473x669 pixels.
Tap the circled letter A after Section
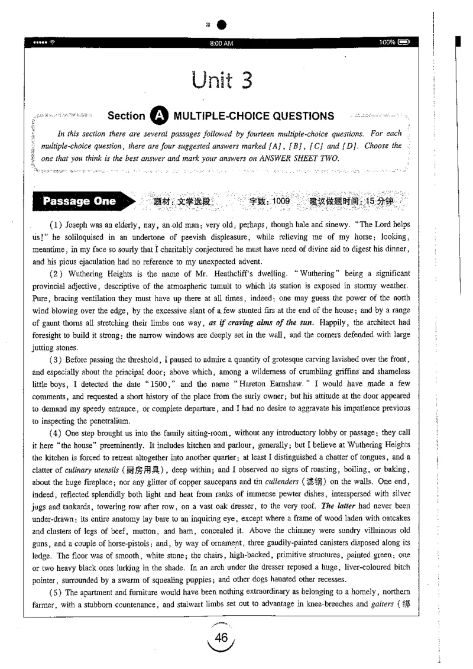[158, 117]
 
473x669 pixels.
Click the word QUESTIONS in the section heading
[298, 117]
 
